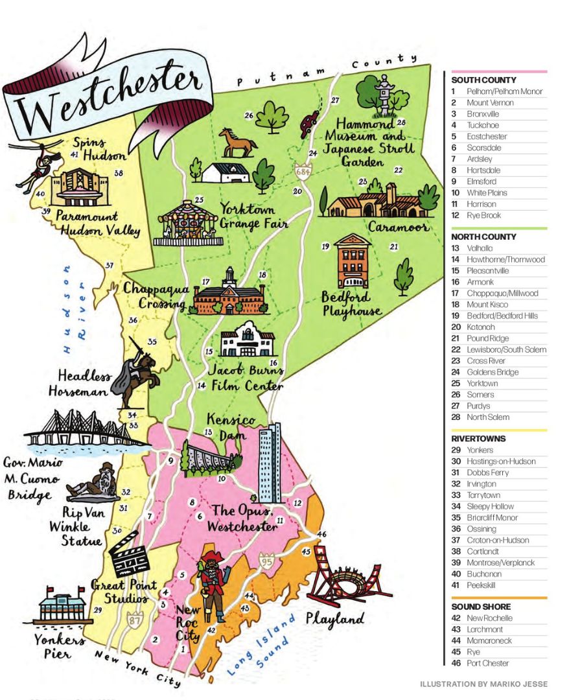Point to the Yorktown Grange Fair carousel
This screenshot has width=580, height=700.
pyautogui.click(x=188, y=224)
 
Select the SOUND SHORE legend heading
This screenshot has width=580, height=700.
pyautogui.click(x=481, y=607)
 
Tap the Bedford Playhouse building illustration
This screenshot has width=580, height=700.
pyautogui.click(x=353, y=262)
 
